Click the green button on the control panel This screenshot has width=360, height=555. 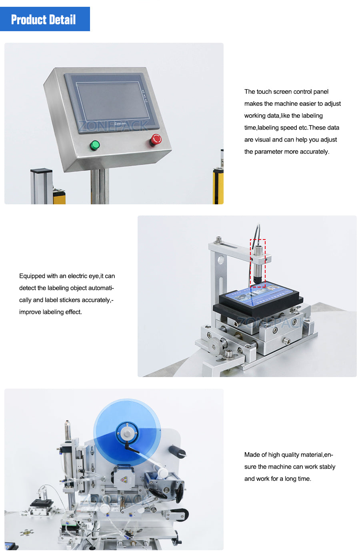tap(95, 145)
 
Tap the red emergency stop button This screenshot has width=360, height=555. tap(156, 140)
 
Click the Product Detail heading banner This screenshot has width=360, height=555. tap(45, 19)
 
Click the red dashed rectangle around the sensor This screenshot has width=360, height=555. tap(258, 263)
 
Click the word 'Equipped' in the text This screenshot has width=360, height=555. tap(32, 276)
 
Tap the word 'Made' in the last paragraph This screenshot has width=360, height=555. tap(252, 455)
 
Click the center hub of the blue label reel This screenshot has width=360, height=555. tap(127, 433)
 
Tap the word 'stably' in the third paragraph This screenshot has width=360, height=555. tap(327, 467)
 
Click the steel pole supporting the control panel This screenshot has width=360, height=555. tap(99, 186)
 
